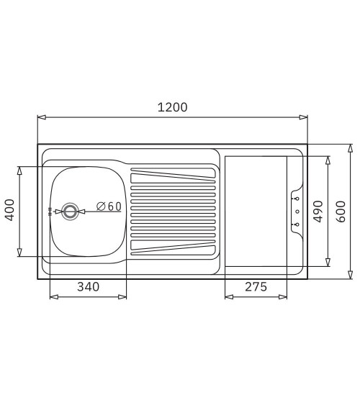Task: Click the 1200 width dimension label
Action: click(x=172, y=107)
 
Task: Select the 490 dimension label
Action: click(x=318, y=211)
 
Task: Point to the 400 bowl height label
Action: click(x=9, y=210)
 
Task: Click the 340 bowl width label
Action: click(x=88, y=287)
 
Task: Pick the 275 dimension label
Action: click(x=256, y=287)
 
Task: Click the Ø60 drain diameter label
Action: click(x=109, y=206)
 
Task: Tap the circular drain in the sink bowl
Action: click(x=70, y=211)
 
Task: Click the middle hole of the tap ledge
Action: click(x=297, y=211)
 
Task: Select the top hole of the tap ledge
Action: click(x=297, y=199)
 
